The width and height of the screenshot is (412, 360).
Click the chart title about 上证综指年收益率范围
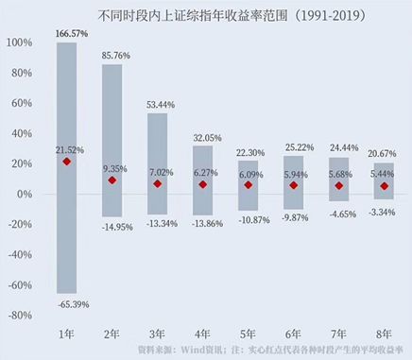coord(205,14)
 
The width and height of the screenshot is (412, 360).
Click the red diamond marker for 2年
coord(112,180)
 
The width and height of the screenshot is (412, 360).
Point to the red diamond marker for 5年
coord(248,184)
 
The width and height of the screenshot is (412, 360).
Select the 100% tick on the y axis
coord(18,43)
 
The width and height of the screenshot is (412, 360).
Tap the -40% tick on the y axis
coord(18,253)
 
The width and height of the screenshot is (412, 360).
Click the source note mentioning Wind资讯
coord(275,350)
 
